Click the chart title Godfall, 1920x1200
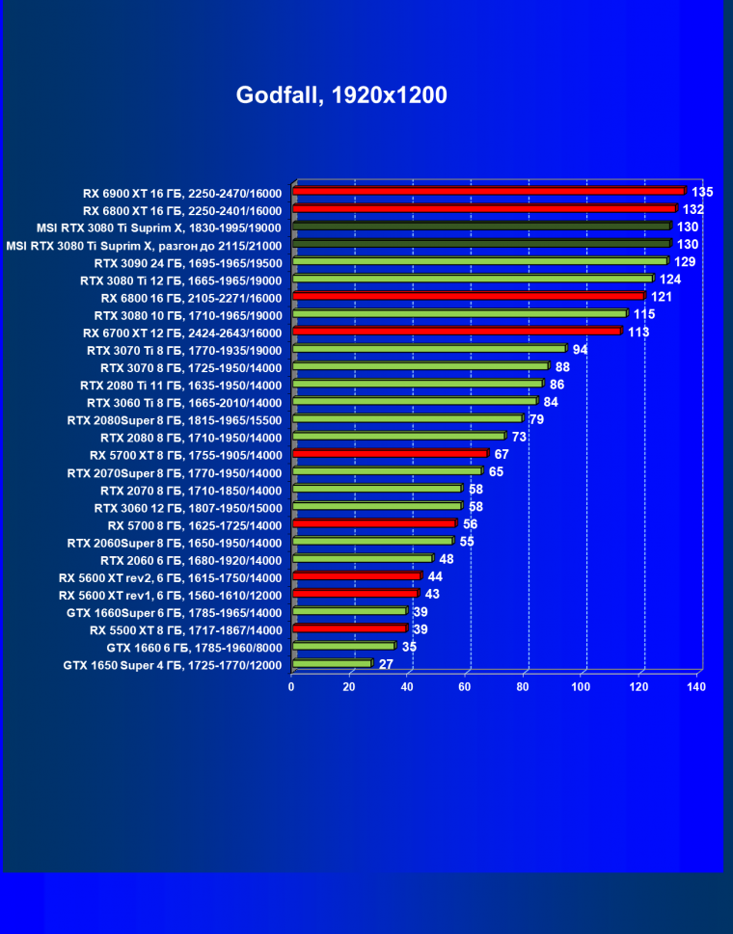(x=341, y=95)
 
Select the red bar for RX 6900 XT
(x=487, y=192)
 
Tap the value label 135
(x=702, y=192)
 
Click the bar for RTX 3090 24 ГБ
(x=478, y=261)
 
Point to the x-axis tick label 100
(x=581, y=687)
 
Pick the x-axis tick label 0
(x=291, y=687)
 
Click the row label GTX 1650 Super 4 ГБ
(x=173, y=665)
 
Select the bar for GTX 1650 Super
(x=331, y=664)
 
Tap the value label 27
(x=386, y=664)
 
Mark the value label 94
(x=580, y=349)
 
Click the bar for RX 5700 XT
(x=389, y=454)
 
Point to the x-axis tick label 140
(x=696, y=687)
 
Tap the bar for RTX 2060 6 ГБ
(x=362, y=559)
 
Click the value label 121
(x=662, y=297)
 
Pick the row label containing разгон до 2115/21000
(x=144, y=245)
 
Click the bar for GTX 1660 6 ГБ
(x=342, y=647)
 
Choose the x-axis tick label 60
(x=465, y=687)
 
